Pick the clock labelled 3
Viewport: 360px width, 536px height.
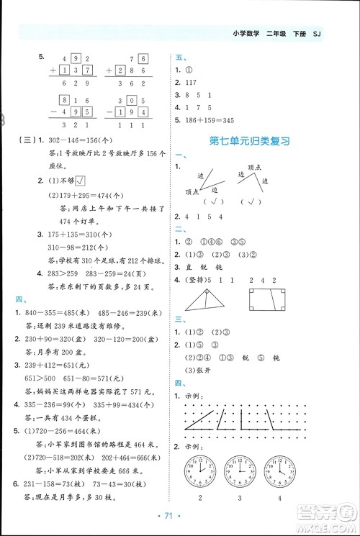click(x=240, y=471)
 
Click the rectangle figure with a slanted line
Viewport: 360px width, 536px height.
click(x=265, y=300)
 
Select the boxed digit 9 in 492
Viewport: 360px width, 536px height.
click(x=77, y=58)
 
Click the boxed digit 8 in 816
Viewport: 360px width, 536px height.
click(x=66, y=100)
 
